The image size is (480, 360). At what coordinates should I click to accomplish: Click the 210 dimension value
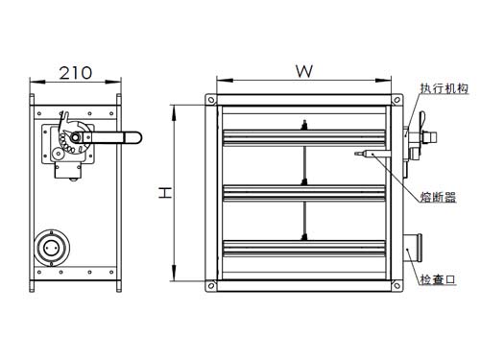76,73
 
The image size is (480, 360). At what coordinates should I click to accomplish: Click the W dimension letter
304,71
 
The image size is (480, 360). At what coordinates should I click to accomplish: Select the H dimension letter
165,193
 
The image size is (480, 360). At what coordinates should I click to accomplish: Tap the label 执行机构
444,88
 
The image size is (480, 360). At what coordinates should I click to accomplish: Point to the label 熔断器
438,197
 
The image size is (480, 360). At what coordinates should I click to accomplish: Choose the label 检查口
438,279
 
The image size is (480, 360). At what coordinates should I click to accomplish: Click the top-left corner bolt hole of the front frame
211,100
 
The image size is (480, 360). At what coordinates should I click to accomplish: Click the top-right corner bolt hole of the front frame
396,100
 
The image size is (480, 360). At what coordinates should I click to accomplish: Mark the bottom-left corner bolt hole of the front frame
211,285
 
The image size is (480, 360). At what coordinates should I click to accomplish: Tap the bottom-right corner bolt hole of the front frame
396,285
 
